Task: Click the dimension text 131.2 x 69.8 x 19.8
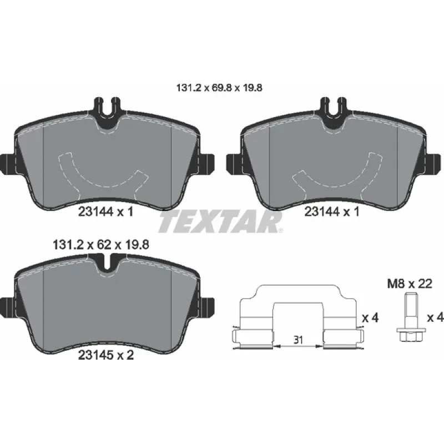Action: tap(219, 88)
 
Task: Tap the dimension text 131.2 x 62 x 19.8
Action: tap(101, 245)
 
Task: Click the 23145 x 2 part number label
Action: tap(105, 355)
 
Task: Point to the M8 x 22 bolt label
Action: tap(410, 284)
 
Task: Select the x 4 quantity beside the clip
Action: tap(370, 318)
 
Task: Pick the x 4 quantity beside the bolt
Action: tap(435, 317)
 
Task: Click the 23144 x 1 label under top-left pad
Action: tap(105, 211)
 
